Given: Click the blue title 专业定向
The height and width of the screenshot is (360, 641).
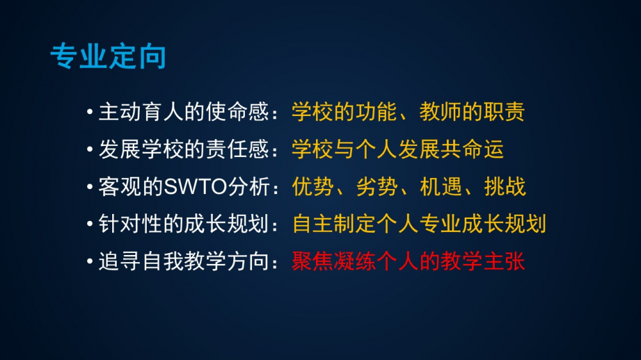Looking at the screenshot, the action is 108,56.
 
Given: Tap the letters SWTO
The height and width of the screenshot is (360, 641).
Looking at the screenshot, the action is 196,187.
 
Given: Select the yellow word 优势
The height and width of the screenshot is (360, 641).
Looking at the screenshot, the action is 313,187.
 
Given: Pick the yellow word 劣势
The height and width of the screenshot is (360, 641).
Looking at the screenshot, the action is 377,187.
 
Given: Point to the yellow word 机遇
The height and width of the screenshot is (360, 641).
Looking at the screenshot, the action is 441,187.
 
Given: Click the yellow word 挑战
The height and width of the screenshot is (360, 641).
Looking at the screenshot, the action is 505,187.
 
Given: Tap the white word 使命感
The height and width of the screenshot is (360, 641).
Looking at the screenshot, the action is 237,111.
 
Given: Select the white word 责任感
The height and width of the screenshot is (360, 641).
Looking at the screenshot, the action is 237,149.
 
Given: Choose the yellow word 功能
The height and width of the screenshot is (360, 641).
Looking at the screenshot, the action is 376,111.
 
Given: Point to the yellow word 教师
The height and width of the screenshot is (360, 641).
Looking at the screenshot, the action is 440,111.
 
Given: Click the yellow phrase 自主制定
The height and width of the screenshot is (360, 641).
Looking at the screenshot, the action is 335,224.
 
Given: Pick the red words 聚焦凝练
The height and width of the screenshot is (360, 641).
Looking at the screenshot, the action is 335,261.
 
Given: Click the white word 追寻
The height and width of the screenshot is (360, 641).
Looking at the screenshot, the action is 120,261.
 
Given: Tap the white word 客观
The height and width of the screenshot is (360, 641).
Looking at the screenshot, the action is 120,187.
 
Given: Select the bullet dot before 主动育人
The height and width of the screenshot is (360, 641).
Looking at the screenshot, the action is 90,111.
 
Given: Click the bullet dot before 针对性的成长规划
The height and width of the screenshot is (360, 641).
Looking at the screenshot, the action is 90,224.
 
